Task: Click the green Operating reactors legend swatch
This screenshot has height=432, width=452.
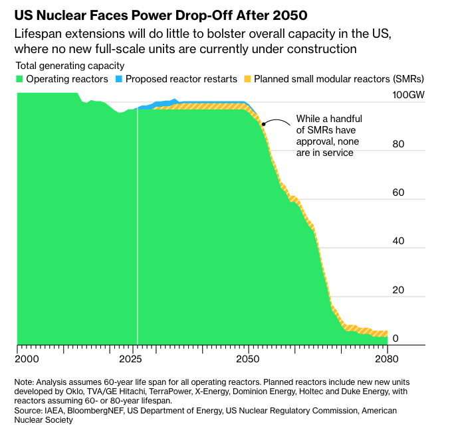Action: [x=21, y=79]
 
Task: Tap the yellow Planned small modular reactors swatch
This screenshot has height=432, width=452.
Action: [x=247, y=79]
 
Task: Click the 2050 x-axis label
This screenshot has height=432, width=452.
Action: [x=248, y=360]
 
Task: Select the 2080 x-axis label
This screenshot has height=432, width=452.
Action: [x=387, y=360]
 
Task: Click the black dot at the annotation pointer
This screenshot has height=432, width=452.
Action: [x=263, y=123]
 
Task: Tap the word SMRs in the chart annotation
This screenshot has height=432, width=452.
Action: [x=324, y=130]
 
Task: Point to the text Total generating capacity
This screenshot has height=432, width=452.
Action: [x=69, y=65]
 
